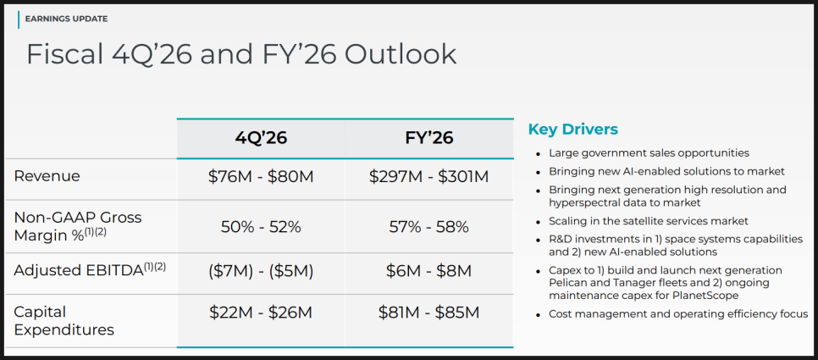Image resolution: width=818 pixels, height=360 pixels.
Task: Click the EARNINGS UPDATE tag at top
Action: point(66,19)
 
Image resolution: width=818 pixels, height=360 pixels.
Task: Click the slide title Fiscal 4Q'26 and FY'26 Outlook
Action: point(241,54)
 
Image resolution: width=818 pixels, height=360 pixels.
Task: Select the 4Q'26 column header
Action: point(261,138)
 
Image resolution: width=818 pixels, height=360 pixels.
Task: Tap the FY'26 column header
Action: point(428,138)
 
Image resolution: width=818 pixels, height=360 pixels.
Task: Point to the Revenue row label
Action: point(47,176)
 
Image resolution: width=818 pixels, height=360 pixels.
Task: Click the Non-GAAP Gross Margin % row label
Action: point(78,226)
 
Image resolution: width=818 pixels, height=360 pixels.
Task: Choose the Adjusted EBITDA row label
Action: point(90,270)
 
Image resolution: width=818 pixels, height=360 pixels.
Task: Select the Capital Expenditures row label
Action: point(64,320)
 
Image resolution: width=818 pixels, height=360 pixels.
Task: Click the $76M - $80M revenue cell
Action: point(261,177)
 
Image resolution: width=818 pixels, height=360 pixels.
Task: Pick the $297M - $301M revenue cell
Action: point(428,177)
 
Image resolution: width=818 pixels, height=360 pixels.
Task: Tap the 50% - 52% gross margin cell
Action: point(261,227)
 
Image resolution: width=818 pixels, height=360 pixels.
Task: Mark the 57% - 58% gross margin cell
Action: point(428,227)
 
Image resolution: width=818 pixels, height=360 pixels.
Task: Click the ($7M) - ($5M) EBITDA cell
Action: point(261,271)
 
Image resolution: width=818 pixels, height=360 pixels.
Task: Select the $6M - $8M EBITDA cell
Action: point(428,271)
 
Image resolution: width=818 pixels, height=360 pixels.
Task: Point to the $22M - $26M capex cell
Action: point(261,313)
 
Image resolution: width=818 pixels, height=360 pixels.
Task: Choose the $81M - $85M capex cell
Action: point(428,313)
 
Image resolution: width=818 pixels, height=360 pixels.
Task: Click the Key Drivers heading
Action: point(572,130)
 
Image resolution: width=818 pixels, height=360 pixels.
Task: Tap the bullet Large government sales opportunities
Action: point(649,153)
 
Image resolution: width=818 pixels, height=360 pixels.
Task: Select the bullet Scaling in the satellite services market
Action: point(647,221)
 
